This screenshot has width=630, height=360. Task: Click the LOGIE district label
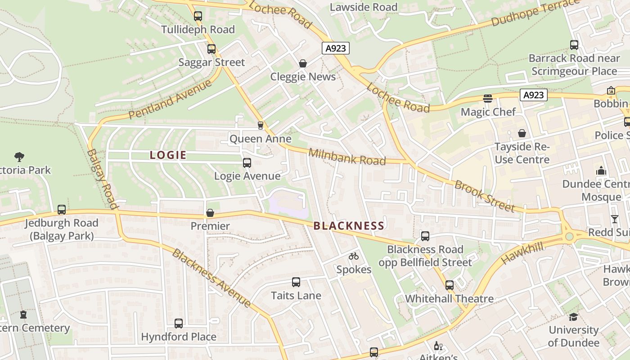pos(168,155)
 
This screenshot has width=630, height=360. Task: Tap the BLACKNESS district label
pos(349,226)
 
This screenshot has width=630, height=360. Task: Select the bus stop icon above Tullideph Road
pos(198,16)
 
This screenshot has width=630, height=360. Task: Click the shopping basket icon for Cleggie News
pos(303,63)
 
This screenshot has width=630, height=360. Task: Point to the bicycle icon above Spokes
pos(354,256)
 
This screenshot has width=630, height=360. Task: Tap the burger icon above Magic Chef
pos(488,98)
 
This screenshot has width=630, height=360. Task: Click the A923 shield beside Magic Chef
pos(533,95)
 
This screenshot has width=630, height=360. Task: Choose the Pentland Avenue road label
pos(170,100)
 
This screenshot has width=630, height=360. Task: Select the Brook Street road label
pos(484,196)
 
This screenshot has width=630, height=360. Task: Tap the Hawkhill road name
pos(522,252)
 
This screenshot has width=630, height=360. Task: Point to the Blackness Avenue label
pos(211,278)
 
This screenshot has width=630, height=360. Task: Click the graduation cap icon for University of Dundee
pos(573,317)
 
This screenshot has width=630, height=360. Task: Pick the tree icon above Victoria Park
pos(19,157)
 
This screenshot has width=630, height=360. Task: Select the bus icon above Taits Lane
pos(296,282)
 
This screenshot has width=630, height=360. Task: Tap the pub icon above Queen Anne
pos(260,125)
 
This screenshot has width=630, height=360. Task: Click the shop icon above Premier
pos(210,212)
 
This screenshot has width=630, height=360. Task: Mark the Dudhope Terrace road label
pos(535,13)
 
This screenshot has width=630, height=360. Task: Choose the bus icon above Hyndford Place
pos(179,323)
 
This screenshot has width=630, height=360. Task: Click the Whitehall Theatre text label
pos(449,299)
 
